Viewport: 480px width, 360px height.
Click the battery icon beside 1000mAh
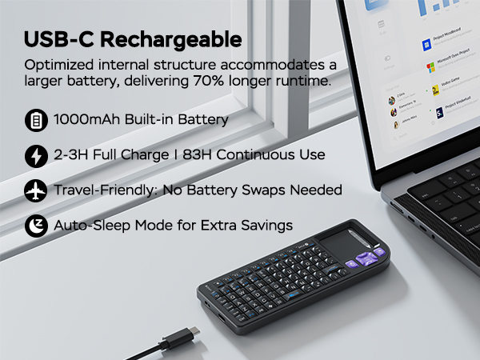click(x=36, y=121)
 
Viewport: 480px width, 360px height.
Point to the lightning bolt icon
click(x=36, y=155)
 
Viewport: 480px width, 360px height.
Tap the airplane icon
click(x=36, y=190)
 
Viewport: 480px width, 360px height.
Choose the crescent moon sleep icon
click(x=36, y=226)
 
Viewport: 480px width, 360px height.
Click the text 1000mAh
click(x=87, y=121)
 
